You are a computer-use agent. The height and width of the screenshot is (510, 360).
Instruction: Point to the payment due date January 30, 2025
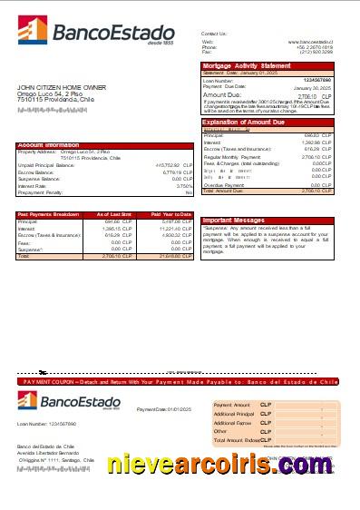[312, 86]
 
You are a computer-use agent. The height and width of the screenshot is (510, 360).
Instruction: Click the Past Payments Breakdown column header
[49, 214]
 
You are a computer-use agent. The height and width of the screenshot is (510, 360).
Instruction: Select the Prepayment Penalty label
[40, 192]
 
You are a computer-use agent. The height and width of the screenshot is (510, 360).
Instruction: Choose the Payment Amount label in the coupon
[231, 403]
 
